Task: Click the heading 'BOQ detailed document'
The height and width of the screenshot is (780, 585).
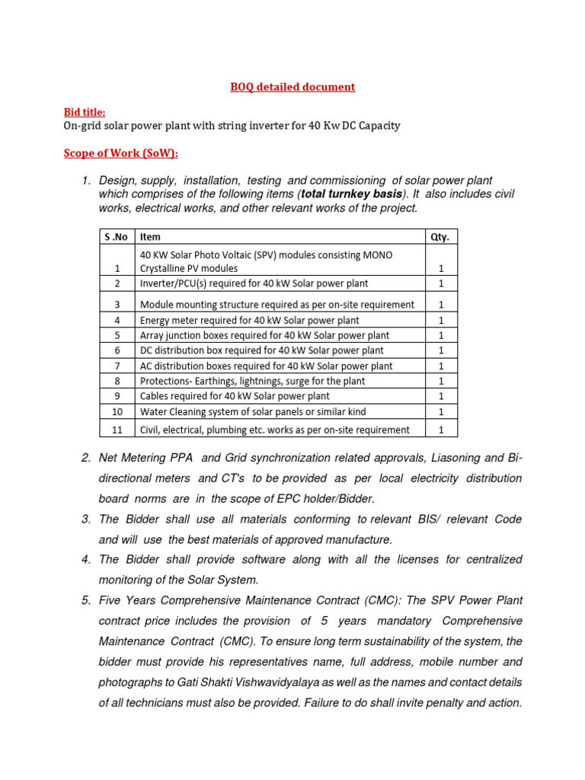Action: point(292,87)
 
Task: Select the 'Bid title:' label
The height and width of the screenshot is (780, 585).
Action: point(85,112)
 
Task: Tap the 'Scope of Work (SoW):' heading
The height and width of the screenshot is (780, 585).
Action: point(120,153)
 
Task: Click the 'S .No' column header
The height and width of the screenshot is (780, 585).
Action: point(117,237)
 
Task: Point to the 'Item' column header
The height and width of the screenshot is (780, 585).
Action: point(151,237)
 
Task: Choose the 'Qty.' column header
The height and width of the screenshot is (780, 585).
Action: point(440,237)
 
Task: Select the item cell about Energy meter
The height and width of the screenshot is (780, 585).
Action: point(249,321)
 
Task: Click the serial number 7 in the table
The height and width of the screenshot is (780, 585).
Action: point(117,366)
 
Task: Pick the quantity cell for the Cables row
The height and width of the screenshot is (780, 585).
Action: point(440,396)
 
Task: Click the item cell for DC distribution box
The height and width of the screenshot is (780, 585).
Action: point(261,350)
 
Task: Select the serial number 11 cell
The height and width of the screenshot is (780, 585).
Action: point(117,430)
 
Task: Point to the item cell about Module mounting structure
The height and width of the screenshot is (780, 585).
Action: point(277,304)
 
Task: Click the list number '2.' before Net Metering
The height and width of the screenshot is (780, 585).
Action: point(86,458)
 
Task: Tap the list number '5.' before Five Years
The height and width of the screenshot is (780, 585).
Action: point(86,600)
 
